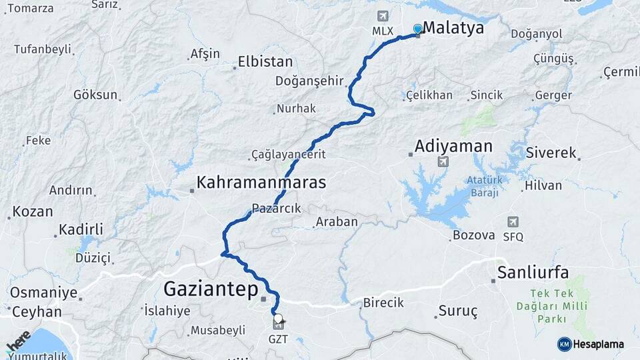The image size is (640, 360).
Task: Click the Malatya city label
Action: [x=453, y=29]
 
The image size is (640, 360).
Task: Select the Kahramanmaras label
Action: [x=261, y=182]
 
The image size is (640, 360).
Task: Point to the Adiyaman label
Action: [x=453, y=146]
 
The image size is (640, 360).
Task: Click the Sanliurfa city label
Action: [x=533, y=272]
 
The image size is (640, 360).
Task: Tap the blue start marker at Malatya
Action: [x=417, y=29]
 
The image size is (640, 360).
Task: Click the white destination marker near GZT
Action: [x=277, y=319]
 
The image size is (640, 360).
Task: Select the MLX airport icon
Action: [x=382, y=16]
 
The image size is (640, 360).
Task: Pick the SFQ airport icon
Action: [x=513, y=222]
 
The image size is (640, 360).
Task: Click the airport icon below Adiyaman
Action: [x=443, y=162]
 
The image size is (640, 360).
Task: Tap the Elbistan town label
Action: [x=266, y=62]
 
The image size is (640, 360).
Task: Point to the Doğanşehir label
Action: [x=309, y=81]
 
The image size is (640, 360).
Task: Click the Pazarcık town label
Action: [x=277, y=208]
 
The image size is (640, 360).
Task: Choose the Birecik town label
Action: [x=383, y=303]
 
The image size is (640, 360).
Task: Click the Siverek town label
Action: [x=551, y=153]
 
